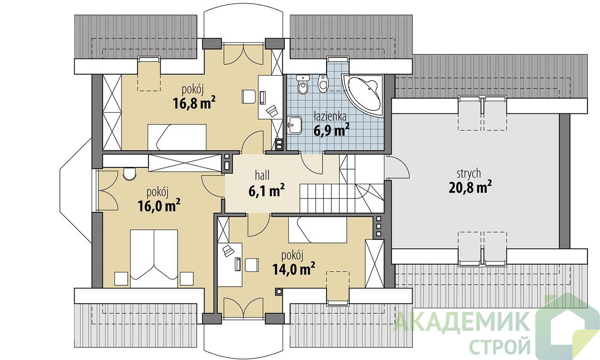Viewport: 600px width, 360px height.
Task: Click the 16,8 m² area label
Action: [194, 103]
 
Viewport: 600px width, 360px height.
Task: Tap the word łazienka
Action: [330, 117]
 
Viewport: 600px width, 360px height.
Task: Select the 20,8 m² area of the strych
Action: [470, 187]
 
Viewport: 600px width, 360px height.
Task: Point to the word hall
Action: [262, 175]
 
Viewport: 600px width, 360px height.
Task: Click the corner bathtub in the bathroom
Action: [362, 95]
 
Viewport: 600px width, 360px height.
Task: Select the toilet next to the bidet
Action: [303, 85]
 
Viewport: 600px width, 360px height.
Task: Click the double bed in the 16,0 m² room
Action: [154, 259]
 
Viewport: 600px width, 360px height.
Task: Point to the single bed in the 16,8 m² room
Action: [177, 137]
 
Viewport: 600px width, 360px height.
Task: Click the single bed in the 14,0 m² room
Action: [318, 230]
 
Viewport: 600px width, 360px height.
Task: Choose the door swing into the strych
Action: [397, 167]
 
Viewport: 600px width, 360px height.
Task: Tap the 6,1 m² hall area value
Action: [266, 191]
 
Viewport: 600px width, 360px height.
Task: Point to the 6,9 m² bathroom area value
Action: [331, 130]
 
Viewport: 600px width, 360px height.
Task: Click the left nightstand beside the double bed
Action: [121, 279]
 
